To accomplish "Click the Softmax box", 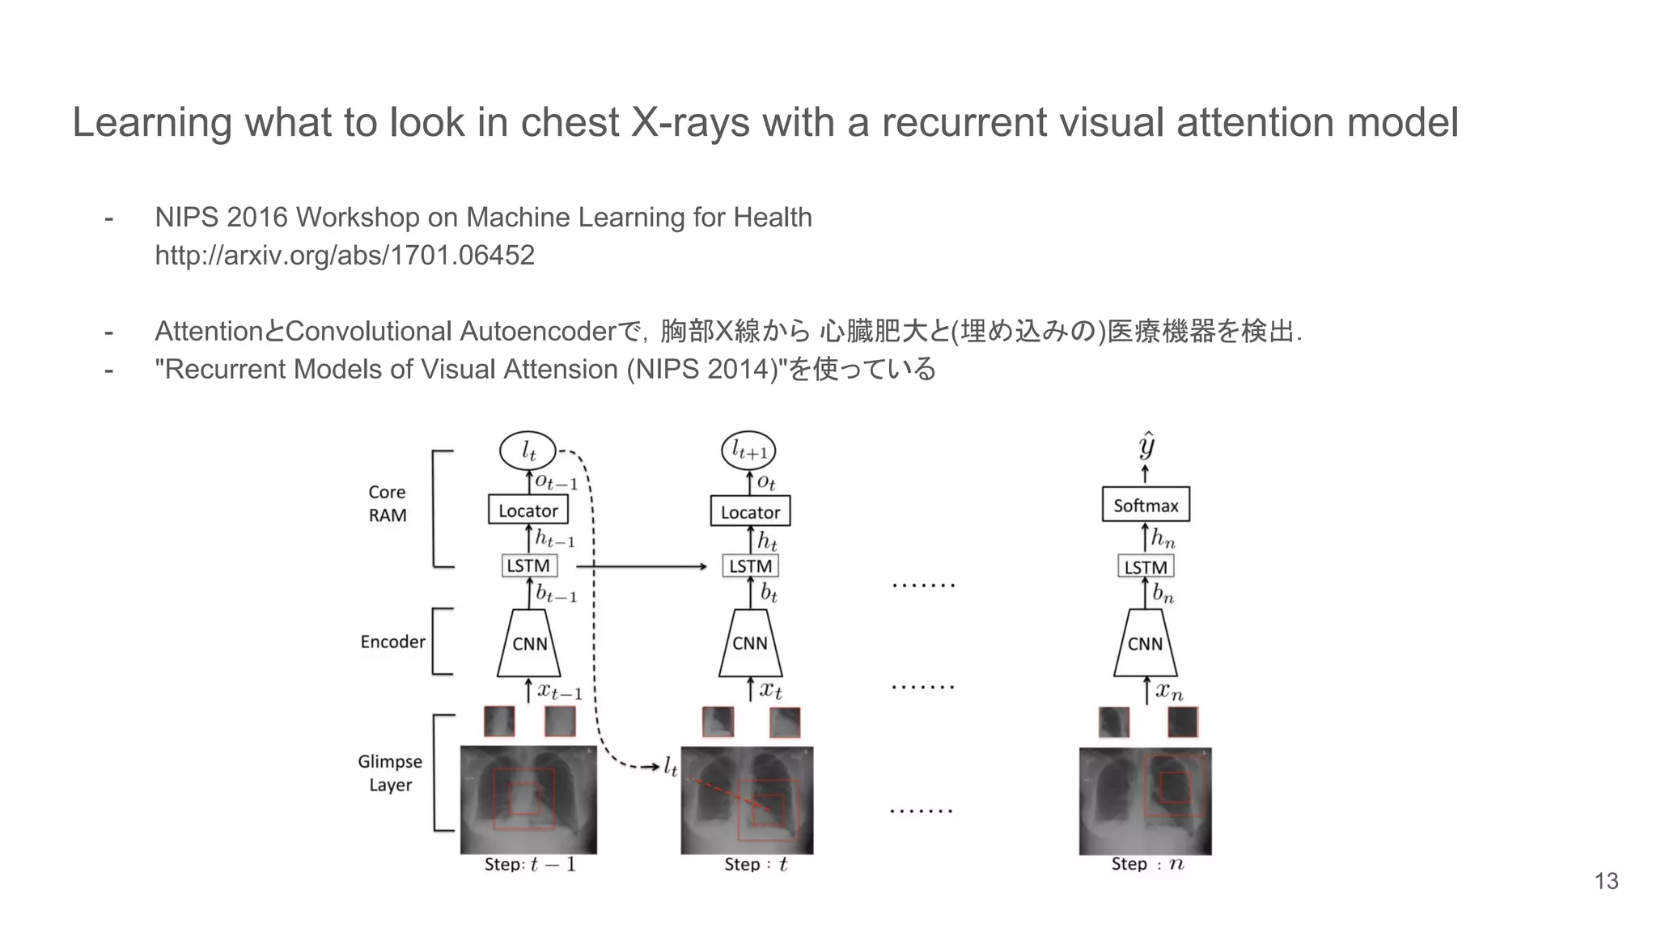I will pyautogui.click(x=1146, y=505).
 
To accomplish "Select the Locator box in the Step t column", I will pyautogui.click(x=750, y=512).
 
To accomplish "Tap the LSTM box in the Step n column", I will pyautogui.click(x=1145, y=567).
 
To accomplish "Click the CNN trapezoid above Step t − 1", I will pyautogui.click(x=529, y=643).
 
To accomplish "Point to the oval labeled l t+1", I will pyautogui.click(x=748, y=451).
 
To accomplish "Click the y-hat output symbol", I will pyautogui.click(x=1146, y=446).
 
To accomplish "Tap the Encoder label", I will pyautogui.click(x=392, y=642).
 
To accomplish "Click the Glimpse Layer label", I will pyautogui.click(x=390, y=773).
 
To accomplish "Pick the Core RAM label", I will pyautogui.click(x=388, y=503).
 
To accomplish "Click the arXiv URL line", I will pyautogui.click(x=345, y=256).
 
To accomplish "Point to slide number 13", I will pyautogui.click(x=1606, y=881).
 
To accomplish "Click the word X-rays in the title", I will pyautogui.click(x=689, y=123).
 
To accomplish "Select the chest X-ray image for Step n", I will pyautogui.click(x=1145, y=800).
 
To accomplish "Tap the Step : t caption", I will pyautogui.click(x=756, y=864).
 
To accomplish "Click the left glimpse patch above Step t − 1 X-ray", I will pyautogui.click(x=499, y=721).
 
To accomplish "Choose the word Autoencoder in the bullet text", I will pyautogui.click(x=537, y=331).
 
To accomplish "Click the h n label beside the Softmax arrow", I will pyautogui.click(x=1163, y=538).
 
